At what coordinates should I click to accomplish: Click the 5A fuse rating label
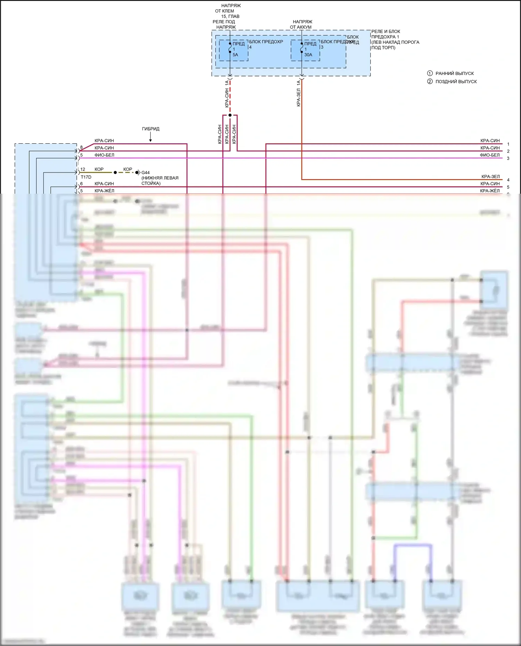235,55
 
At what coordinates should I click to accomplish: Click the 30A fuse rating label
308,55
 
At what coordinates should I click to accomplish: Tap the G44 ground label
146,173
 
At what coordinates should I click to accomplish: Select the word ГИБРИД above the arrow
151,129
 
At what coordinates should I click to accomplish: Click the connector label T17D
86,177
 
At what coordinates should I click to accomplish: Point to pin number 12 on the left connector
83,169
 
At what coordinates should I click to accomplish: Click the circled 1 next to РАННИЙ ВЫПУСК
430,73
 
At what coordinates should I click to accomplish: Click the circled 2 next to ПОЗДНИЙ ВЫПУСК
430,82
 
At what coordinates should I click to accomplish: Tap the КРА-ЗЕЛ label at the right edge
490,177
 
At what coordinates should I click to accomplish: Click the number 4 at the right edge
508,180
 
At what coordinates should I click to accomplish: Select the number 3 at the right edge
508,158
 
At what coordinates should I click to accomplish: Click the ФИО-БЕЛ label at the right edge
490,155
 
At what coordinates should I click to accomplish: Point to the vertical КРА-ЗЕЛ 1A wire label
298,93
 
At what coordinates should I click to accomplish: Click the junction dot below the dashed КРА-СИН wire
230,115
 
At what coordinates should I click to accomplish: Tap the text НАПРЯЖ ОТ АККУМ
301,24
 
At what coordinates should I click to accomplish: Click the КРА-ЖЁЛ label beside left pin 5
104,191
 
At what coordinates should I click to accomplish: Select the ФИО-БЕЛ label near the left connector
104,155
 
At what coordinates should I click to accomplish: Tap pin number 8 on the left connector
82,148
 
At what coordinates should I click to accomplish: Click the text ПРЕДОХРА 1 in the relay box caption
385,37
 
